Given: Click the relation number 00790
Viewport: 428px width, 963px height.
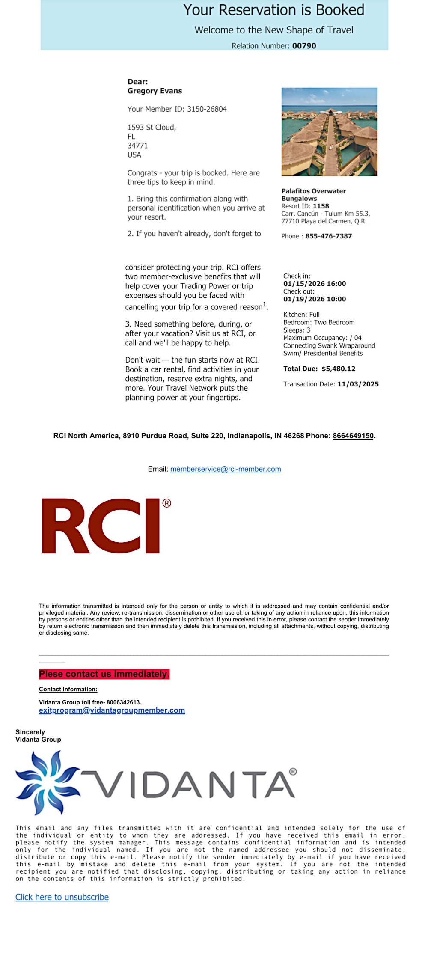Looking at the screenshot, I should click(304, 46).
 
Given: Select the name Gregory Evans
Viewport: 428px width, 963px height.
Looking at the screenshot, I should click(155, 91).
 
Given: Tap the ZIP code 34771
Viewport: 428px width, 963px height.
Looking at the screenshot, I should click(137, 146).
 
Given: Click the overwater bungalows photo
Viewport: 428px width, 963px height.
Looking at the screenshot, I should click(329, 132).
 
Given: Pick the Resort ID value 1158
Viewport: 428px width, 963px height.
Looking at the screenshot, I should click(321, 206).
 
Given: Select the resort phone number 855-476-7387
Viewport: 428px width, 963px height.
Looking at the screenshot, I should click(328, 236).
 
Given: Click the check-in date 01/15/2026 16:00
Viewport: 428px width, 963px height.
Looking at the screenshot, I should click(315, 284).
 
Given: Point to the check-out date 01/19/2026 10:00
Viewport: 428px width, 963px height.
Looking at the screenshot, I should click(315, 299).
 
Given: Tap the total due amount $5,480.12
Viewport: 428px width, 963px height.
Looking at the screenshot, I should click(338, 369).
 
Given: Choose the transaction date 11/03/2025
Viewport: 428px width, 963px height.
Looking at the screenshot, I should click(358, 384).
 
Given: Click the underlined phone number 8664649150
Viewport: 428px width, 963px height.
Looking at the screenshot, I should click(353, 436).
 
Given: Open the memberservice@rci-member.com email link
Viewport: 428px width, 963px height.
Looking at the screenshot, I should click(226, 469).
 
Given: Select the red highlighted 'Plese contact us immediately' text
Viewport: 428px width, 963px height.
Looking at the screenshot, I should click(104, 674).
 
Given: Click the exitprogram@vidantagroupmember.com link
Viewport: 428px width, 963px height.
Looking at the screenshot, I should click(112, 710).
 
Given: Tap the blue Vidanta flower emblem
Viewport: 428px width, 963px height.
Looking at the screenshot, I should click(46, 782).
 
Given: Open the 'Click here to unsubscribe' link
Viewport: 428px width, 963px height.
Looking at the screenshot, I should click(62, 897).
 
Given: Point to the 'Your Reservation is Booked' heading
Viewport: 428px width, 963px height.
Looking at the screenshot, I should click(273, 10).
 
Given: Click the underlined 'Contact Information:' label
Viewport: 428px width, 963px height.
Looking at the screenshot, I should click(68, 689).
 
